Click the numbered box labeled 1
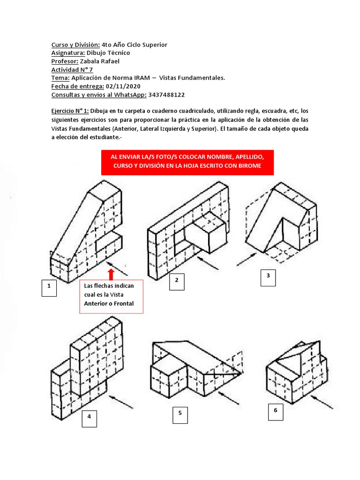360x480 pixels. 49,288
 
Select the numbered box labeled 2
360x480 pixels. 177,281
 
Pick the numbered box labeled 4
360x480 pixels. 89,419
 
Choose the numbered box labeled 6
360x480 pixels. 276,411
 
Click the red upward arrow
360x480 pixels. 111,274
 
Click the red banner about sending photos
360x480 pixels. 187,162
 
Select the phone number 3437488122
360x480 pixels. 166,95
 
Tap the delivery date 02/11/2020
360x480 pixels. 123,86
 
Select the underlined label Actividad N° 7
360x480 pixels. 72,70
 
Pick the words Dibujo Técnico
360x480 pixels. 108,53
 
